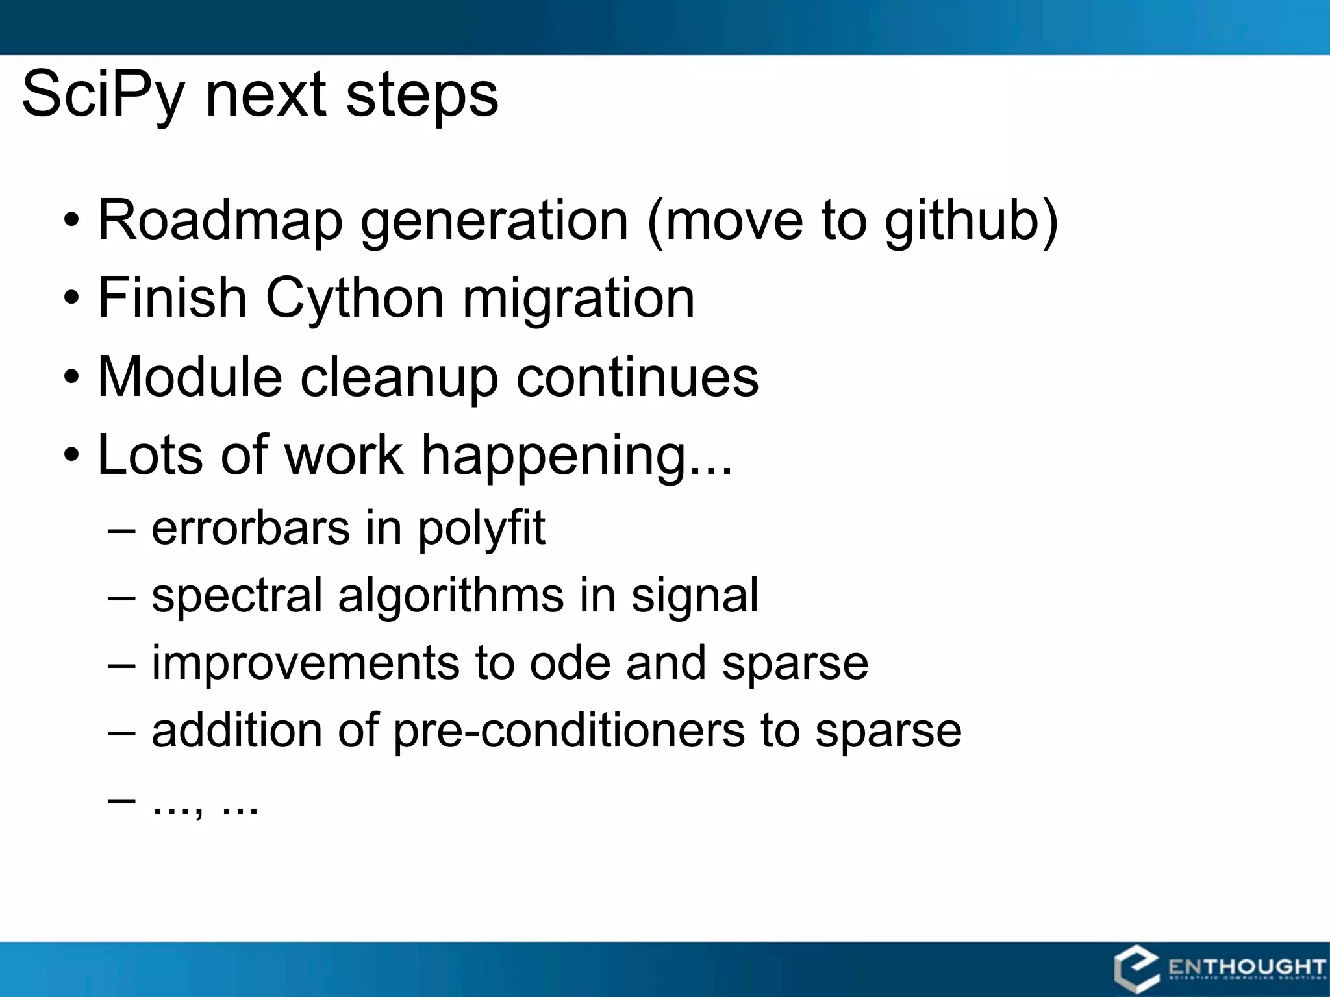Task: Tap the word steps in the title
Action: click(x=422, y=95)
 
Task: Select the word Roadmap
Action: click(x=220, y=221)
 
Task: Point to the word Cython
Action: click(x=354, y=299)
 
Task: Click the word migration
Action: click(x=578, y=299)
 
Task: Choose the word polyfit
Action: click(x=481, y=528)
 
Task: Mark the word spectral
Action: click(x=236, y=596)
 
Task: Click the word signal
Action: click(x=694, y=596)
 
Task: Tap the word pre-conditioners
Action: click(x=569, y=731)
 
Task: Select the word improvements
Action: click(x=305, y=663)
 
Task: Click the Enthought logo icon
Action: click(x=1136, y=969)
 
